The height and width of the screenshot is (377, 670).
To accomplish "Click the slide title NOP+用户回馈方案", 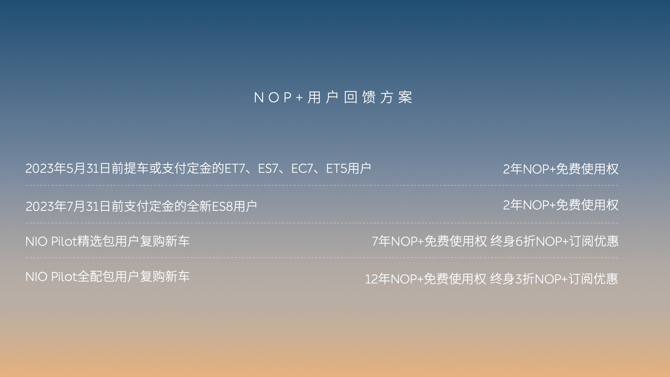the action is coord(333,97).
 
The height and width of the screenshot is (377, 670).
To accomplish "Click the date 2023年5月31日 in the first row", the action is coord(68,169).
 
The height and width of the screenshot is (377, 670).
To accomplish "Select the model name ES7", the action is coord(268,169).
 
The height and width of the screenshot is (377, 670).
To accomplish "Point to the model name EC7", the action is coord(301,169).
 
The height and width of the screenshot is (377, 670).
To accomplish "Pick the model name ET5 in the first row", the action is coord(336,169).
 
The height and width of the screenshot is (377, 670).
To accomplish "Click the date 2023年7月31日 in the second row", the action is coord(68,206).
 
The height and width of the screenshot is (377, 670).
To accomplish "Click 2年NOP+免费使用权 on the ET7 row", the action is coord(561,169).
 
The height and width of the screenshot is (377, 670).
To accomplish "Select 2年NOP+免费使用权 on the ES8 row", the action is coord(561,205).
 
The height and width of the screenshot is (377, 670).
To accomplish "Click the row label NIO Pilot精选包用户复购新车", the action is coord(108,241).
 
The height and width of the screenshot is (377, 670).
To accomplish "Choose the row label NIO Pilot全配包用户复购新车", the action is coord(108,277).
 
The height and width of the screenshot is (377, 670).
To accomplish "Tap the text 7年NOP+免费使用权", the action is coord(429,241).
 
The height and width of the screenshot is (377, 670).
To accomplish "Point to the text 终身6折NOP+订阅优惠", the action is coord(555,241).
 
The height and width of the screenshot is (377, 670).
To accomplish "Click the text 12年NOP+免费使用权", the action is coord(426,279).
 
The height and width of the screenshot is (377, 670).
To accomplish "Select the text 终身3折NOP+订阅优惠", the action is coord(554,279).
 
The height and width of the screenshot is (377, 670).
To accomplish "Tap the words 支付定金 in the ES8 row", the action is coord(149,206).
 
